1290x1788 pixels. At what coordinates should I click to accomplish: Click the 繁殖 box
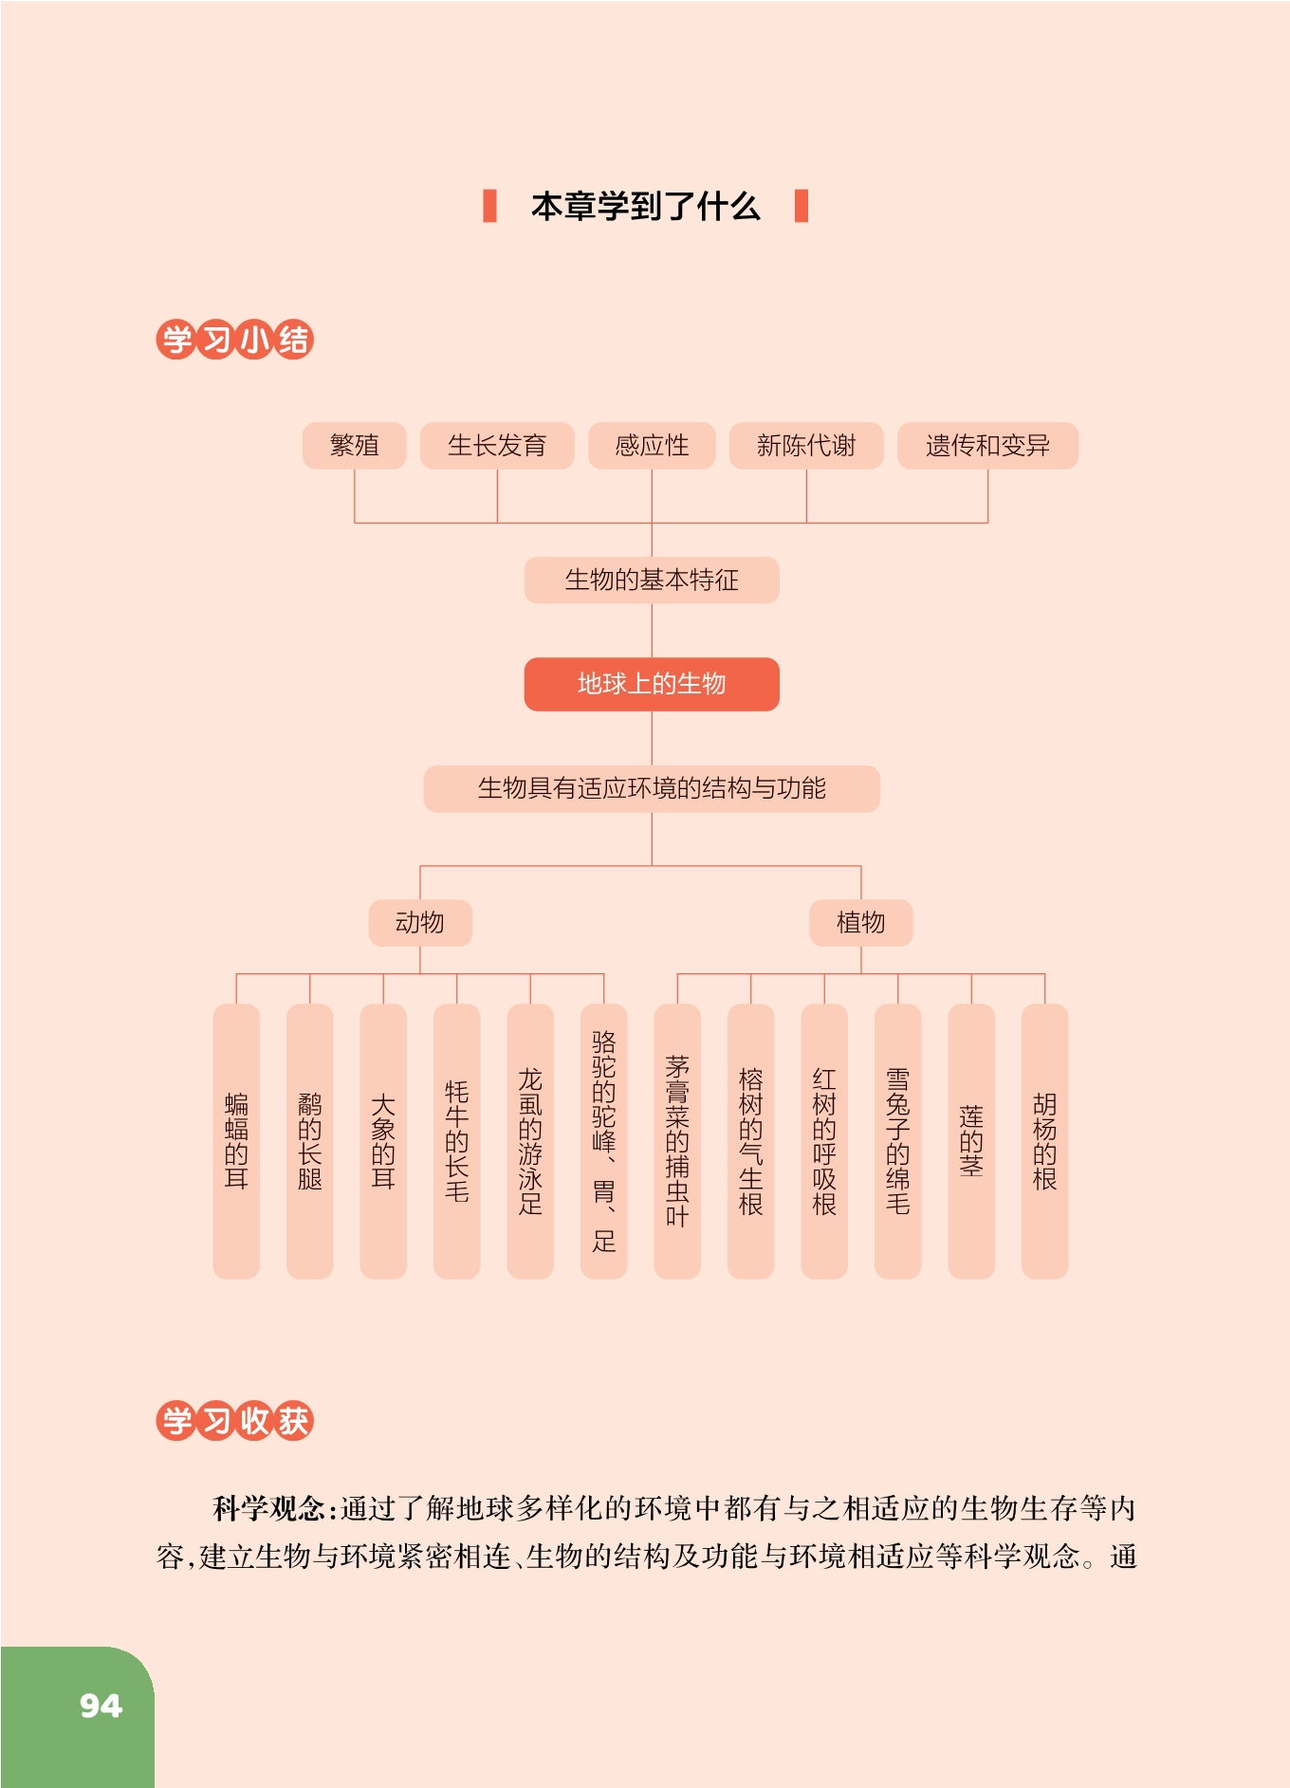[x=354, y=446]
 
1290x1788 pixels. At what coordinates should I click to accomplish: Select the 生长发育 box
[x=497, y=446]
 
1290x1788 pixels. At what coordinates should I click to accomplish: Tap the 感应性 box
[x=652, y=446]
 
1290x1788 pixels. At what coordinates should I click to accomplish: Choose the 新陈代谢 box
[x=806, y=446]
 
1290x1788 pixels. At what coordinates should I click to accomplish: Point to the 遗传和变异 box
[x=987, y=446]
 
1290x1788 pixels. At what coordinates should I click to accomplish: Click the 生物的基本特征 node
[x=652, y=581]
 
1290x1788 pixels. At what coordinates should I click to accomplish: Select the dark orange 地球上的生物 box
[x=652, y=684]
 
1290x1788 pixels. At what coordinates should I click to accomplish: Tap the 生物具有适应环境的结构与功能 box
[x=652, y=788]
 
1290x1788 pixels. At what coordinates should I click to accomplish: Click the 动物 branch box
[x=420, y=923]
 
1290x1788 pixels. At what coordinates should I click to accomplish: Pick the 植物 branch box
[x=861, y=923]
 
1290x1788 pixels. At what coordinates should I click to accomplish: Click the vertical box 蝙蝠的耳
[x=236, y=1141]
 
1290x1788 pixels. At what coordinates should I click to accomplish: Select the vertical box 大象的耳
[x=383, y=1141]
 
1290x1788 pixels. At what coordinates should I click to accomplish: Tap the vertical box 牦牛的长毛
[x=457, y=1141]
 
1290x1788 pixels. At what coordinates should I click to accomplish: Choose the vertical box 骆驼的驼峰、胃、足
[x=604, y=1141]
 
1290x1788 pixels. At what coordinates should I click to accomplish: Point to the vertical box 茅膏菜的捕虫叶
[x=677, y=1141]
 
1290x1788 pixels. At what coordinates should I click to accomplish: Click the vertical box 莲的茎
[x=971, y=1141]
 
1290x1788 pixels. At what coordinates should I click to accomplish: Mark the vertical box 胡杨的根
[x=1045, y=1141]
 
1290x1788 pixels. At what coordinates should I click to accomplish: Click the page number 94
[x=101, y=1705]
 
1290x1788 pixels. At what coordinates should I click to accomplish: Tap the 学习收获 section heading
[x=234, y=1421]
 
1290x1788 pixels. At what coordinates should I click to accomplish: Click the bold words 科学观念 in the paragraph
[x=268, y=1508]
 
